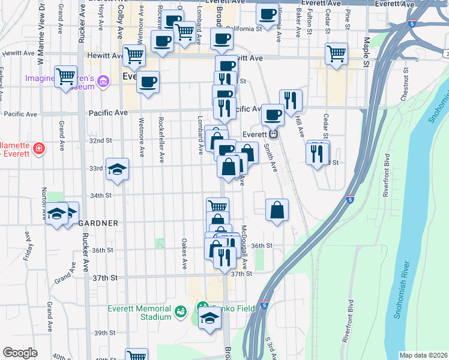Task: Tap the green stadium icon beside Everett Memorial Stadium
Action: point(179,311)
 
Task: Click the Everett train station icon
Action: point(273,134)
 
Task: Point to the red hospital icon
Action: point(38,148)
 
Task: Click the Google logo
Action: point(20,353)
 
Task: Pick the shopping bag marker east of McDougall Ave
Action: point(277,210)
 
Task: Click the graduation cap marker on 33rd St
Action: point(117,169)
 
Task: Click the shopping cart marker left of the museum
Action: point(65,77)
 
